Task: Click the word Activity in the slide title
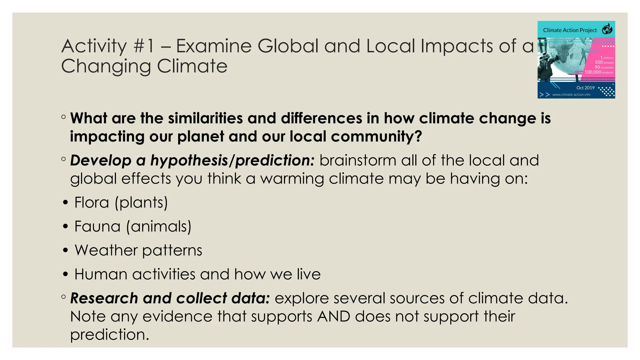[x=94, y=46]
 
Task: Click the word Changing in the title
[x=106, y=66]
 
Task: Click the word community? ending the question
[x=377, y=137]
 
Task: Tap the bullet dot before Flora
[x=65, y=202]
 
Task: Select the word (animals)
[x=159, y=226]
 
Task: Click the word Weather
[x=106, y=250]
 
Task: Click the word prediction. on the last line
[x=110, y=334]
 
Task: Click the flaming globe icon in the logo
[x=607, y=29]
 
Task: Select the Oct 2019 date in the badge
[x=585, y=88]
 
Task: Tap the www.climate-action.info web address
[x=571, y=94]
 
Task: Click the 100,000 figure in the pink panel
[x=593, y=72]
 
